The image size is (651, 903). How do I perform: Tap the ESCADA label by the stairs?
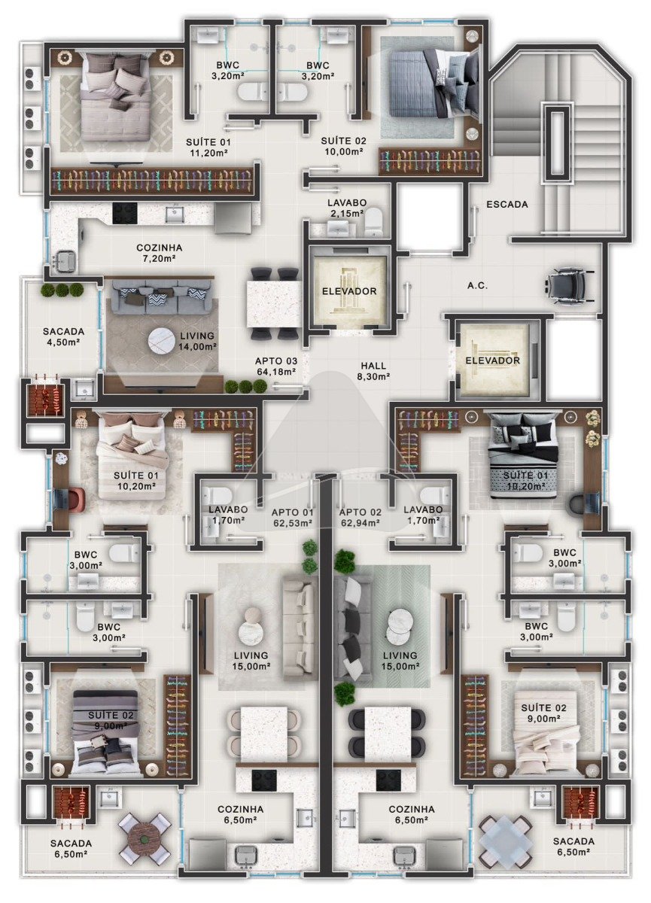coord(507,205)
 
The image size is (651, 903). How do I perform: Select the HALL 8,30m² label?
coord(373,371)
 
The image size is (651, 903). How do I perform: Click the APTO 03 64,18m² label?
coord(276,366)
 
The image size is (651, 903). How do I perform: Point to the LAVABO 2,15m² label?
coord(347,208)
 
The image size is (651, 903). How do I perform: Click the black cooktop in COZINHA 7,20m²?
coord(125,212)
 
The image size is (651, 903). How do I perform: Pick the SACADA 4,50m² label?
coord(63,336)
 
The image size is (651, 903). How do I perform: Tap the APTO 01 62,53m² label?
coord(292,518)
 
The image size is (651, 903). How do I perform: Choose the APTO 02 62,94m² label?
coord(360,518)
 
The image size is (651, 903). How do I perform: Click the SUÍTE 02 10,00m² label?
coord(343,146)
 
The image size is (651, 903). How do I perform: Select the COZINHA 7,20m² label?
coord(159,253)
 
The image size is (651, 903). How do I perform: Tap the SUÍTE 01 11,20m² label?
coord(208,147)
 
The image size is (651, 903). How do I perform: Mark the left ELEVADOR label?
coord(349,290)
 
